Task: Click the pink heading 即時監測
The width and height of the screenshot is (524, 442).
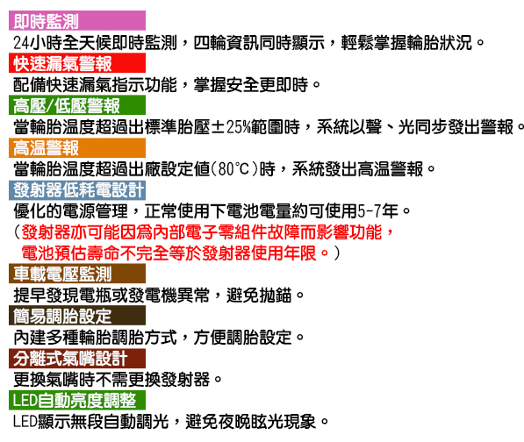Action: point(47,21)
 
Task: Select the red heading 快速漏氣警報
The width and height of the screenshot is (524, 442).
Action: point(62,63)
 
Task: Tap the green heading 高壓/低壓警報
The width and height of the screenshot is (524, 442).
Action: point(67,105)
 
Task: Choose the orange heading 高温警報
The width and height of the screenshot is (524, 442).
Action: point(47,147)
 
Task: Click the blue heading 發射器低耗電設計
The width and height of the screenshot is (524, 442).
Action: point(79,190)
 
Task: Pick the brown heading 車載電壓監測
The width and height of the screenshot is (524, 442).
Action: point(62,274)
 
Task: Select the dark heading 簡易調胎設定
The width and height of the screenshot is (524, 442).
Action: point(62,316)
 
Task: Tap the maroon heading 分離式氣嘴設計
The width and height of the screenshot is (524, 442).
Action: point(70,358)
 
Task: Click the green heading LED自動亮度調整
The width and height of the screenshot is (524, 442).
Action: point(75,400)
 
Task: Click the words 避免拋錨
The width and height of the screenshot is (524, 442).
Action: point(259,296)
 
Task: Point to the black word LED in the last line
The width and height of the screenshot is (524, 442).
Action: point(25,422)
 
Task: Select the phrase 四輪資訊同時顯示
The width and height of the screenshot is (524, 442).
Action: point(259,43)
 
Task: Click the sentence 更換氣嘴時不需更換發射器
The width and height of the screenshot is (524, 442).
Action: point(111,380)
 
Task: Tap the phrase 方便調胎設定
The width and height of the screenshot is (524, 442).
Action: point(243,337)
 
